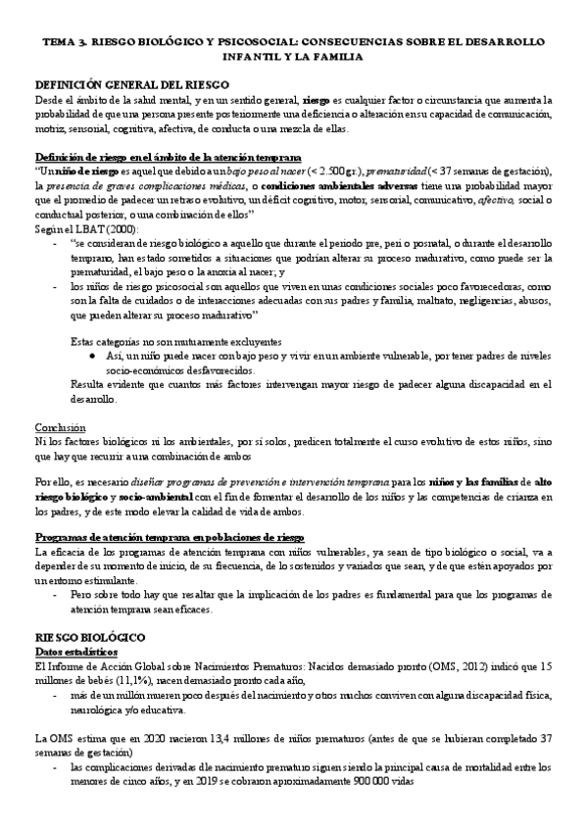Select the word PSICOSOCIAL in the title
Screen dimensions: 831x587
tap(249, 44)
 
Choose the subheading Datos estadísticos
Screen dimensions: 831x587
tap(75, 623)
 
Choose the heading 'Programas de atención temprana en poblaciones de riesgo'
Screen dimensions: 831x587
tap(170, 538)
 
